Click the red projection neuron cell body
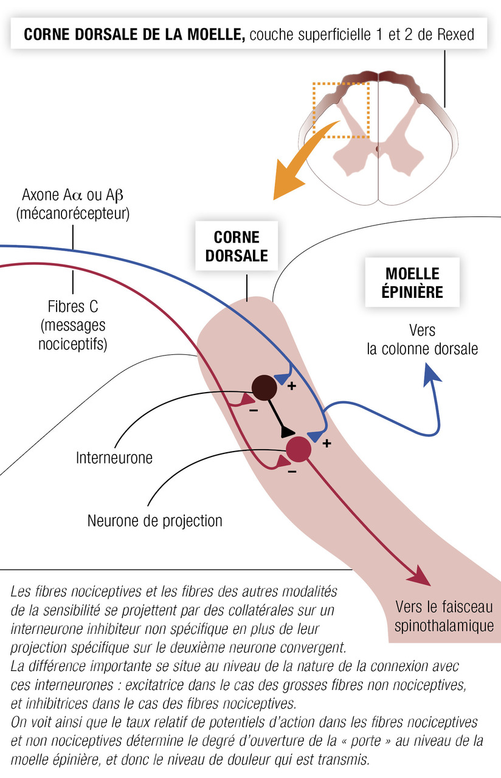298,449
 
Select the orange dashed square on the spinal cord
340,110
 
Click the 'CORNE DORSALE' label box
237,247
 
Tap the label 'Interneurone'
114,457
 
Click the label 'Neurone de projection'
155,521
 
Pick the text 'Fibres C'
72,305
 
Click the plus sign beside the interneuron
291,385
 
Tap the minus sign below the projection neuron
292,472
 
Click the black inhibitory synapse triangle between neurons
286,431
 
